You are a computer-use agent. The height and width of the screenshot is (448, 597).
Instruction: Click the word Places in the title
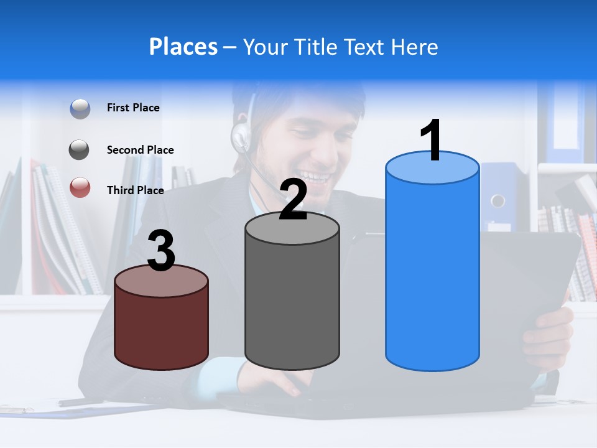(x=183, y=47)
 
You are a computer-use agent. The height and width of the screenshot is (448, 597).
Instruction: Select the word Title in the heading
(x=315, y=47)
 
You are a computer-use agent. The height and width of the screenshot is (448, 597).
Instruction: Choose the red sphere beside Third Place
(x=80, y=187)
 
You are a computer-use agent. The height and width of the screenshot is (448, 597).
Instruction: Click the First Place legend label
(x=133, y=108)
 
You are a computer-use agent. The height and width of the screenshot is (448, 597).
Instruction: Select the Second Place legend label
(x=140, y=150)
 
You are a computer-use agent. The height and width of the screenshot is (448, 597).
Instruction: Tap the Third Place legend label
(x=135, y=190)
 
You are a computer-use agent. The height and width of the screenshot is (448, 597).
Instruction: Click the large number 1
(x=432, y=141)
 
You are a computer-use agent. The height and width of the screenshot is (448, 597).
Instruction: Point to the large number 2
(x=294, y=200)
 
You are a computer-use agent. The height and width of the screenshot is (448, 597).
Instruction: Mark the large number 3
(x=162, y=251)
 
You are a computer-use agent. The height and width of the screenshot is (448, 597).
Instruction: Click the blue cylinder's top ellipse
(x=432, y=168)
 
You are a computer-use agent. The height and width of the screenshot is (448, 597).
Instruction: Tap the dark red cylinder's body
(x=162, y=327)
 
